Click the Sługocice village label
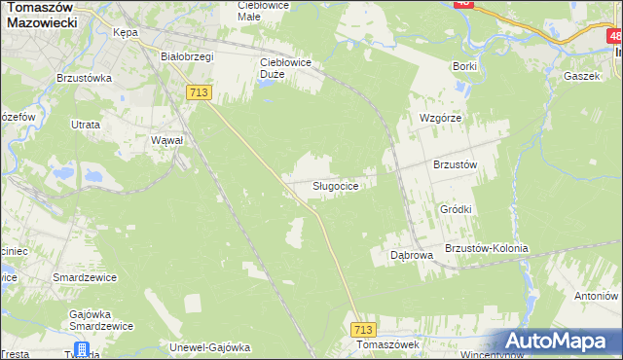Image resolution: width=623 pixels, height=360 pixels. point(340,185)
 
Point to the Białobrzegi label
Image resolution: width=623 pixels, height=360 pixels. point(187,56)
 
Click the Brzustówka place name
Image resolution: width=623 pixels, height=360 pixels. point(85,77)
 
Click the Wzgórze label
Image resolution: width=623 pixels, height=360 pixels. point(439,118)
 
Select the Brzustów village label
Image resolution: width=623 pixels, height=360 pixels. point(455,165)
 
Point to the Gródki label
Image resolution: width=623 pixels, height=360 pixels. point(456,209)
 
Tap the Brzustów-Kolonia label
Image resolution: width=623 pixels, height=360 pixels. point(486,248)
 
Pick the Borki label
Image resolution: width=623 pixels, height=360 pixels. point(464,66)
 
